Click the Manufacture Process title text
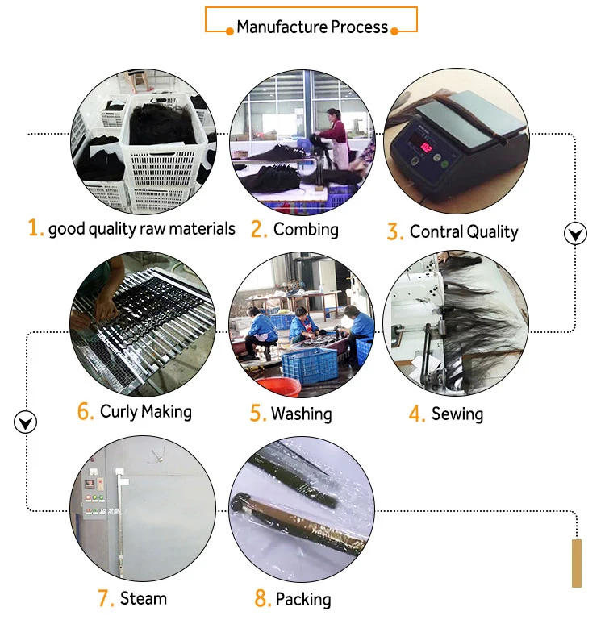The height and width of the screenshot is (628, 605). click(x=312, y=27)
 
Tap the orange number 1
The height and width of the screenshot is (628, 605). click(x=35, y=229)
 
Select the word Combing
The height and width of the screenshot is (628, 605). click(x=306, y=230)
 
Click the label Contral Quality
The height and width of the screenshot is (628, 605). click(x=464, y=232)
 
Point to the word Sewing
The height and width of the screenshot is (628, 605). click(x=457, y=414)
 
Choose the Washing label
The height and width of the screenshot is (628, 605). click(x=301, y=414)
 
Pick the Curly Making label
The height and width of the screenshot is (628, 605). click(x=146, y=412)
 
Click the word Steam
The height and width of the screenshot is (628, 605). click(x=144, y=598)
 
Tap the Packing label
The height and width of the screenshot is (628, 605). click(x=303, y=600)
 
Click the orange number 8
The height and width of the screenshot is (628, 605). click(x=261, y=600)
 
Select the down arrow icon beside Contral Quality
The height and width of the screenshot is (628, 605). click(x=574, y=235)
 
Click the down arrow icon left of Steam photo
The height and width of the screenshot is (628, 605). click(x=26, y=422)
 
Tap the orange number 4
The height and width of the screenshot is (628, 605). click(x=416, y=415)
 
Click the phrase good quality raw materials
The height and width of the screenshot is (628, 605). click(x=142, y=229)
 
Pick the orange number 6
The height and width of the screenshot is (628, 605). click(x=86, y=412)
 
